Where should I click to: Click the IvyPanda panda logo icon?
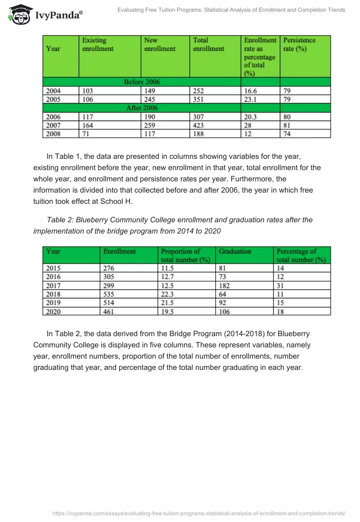click(19, 14)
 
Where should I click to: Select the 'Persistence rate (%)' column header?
click(299, 45)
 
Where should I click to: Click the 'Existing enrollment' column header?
click(98, 45)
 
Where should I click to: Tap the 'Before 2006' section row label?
click(142, 82)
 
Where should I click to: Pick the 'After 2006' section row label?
click(142, 108)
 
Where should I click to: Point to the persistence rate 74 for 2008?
click(287, 134)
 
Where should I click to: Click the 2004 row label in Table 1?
click(53, 91)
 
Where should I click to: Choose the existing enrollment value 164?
click(88, 126)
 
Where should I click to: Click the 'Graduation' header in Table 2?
click(235, 252)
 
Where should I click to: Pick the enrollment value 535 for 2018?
click(109, 294)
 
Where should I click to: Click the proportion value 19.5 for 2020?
click(167, 311)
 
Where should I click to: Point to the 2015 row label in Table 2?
click(53, 269)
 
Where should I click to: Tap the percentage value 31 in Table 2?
click(280, 286)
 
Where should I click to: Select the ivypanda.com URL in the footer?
click(198, 513)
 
